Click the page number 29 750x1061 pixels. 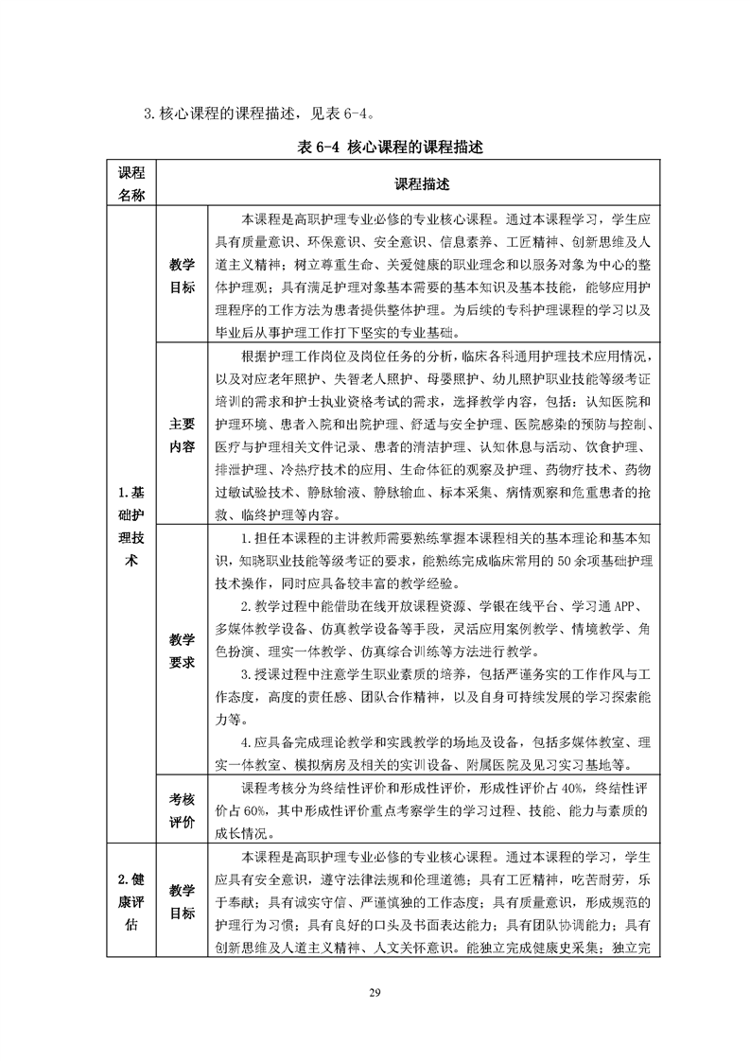coord(375,992)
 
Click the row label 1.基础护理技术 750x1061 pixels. coord(131,526)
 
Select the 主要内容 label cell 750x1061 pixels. coord(182,434)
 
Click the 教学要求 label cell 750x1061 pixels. coord(182,651)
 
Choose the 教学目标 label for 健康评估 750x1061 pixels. coord(182,901)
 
